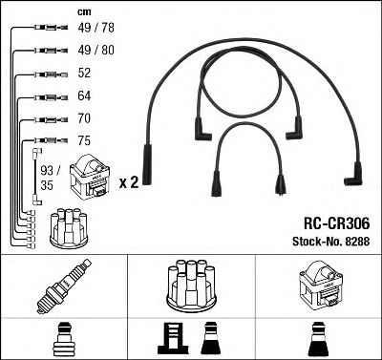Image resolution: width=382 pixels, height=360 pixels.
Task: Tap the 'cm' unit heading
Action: [82, 11]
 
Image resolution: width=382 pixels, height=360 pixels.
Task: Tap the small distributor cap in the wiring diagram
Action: [68, 224]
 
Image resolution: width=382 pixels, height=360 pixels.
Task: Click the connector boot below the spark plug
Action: [63, 338]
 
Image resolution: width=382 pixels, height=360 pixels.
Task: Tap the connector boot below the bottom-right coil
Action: [317, 338]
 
